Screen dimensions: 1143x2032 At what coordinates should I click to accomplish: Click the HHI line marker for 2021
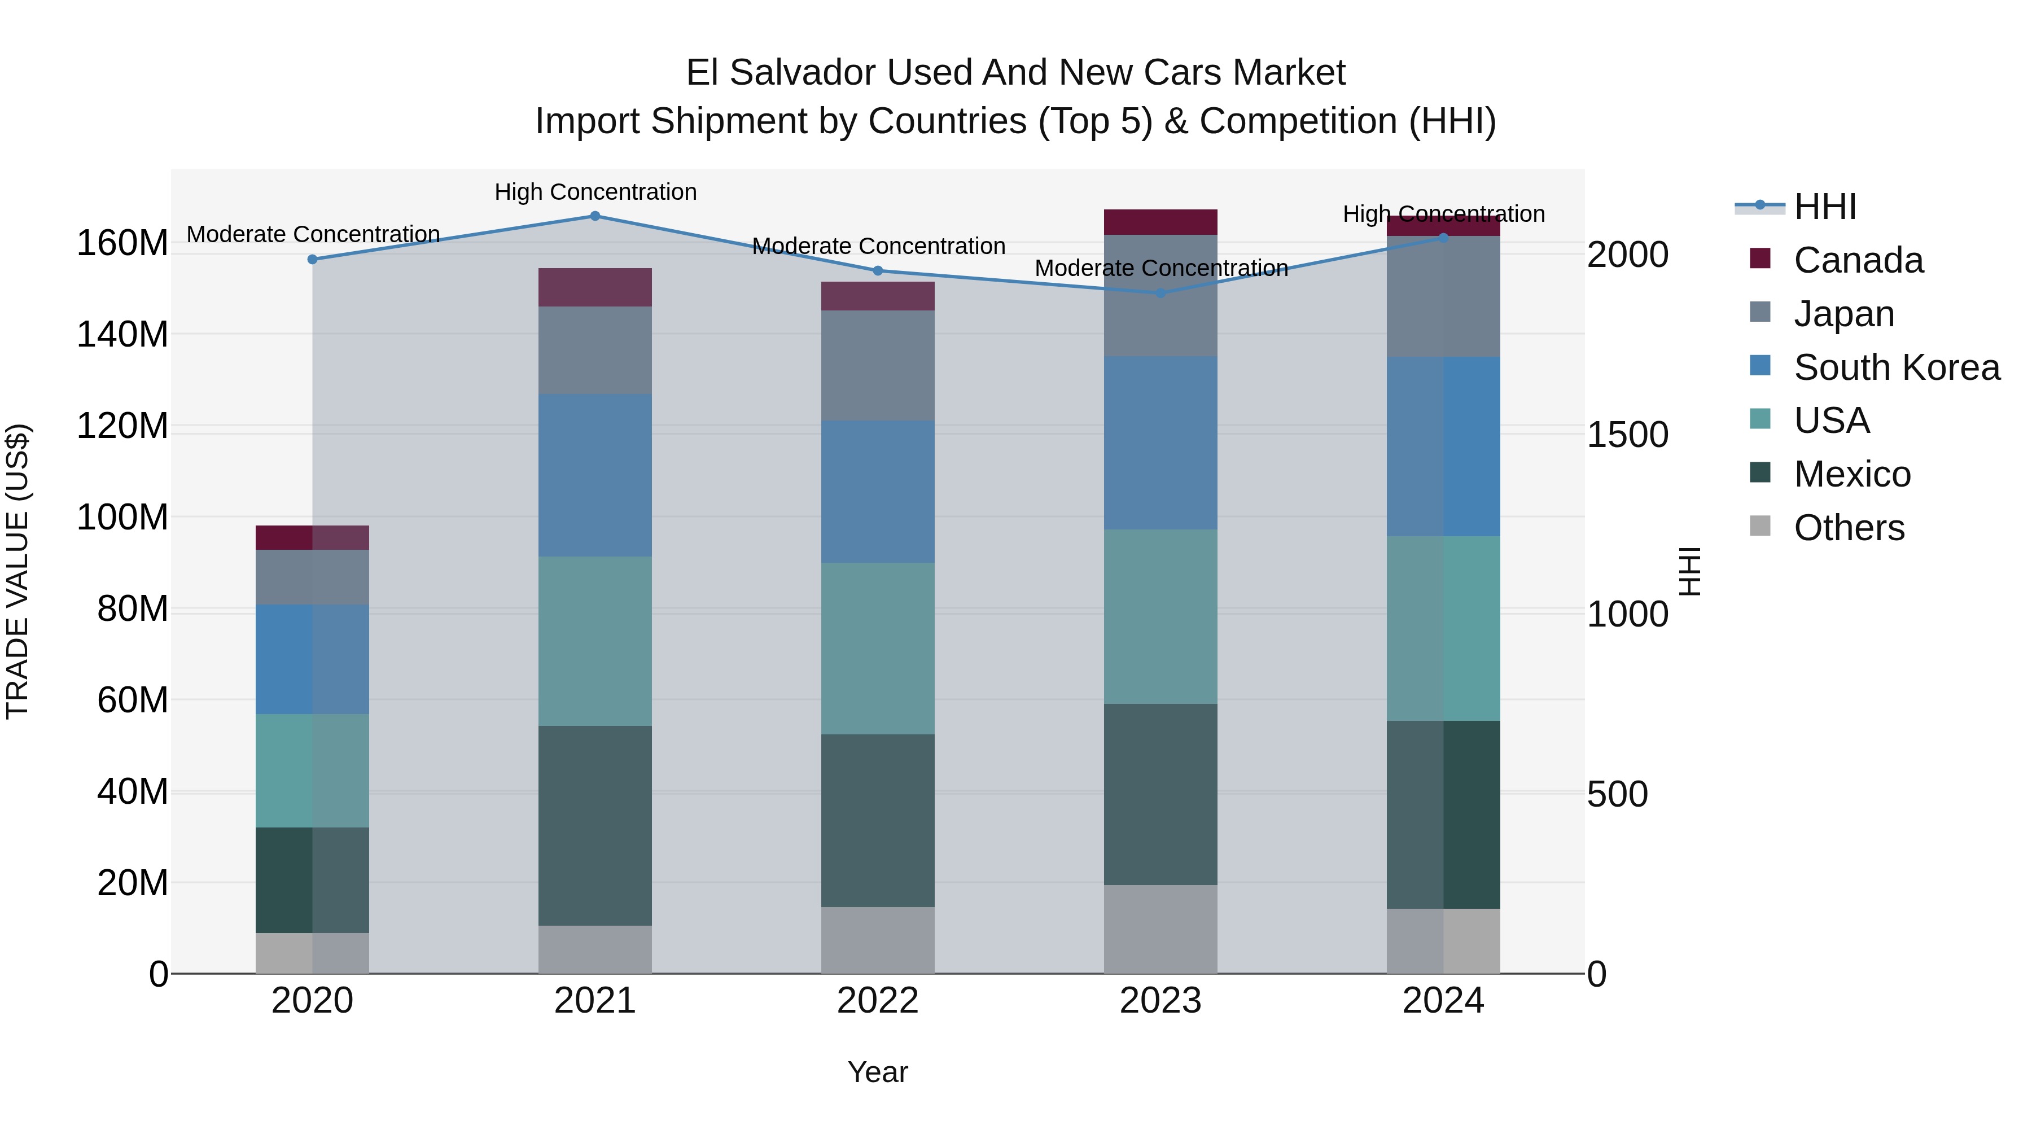coord(595,216)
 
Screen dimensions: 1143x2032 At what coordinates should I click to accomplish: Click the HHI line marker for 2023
coord(1160,294)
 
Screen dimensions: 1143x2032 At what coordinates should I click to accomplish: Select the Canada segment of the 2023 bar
coord(1160,222)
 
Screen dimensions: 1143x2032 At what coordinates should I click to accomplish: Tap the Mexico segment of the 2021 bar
coord(595,825)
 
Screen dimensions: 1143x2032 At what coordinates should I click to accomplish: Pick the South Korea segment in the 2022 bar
coord(877,492)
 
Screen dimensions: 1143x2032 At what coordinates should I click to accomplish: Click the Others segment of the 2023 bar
coord(1160,929)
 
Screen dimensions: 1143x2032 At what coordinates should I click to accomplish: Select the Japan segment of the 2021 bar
coord(595,350)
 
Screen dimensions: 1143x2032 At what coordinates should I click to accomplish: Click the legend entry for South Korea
coord(1897,367)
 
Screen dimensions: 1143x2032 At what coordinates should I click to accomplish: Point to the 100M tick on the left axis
coord(122,518)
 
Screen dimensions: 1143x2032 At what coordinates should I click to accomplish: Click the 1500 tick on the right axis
coord(1627,435)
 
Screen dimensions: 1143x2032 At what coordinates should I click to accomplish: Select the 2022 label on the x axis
coord(877,1001)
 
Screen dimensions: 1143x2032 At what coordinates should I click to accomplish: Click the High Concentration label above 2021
coord(595,192)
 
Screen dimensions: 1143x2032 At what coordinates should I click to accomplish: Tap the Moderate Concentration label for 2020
coord(313,234)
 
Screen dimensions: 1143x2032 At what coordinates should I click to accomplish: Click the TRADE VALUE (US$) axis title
coord(17,571)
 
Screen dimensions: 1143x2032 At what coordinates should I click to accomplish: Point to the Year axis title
coord(877,1072)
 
